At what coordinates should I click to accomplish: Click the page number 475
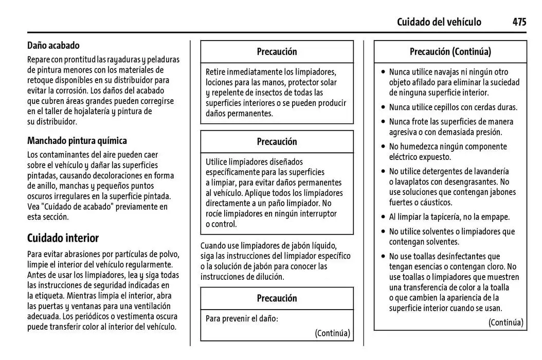tap(519, 22)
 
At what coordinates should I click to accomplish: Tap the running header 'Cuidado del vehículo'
tap(439, 22)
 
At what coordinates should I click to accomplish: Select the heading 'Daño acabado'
tap(53, 46)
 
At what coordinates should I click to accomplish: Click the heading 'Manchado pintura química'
tap(77, 140)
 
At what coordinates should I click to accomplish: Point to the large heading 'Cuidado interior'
tap(63, 238)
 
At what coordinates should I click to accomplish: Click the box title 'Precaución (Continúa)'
tap(450, 51)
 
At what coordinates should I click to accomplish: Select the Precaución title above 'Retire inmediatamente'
tap(277, 51)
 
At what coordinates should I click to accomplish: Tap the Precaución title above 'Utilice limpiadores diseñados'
tap(277, 141)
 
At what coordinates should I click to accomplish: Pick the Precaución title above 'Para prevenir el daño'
tap(277, 298)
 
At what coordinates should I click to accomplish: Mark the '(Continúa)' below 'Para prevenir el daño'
tap(332, 333)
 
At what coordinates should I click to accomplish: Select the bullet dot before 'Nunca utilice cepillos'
tap(383, 107)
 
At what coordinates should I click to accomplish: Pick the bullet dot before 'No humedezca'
tap(383, 147)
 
